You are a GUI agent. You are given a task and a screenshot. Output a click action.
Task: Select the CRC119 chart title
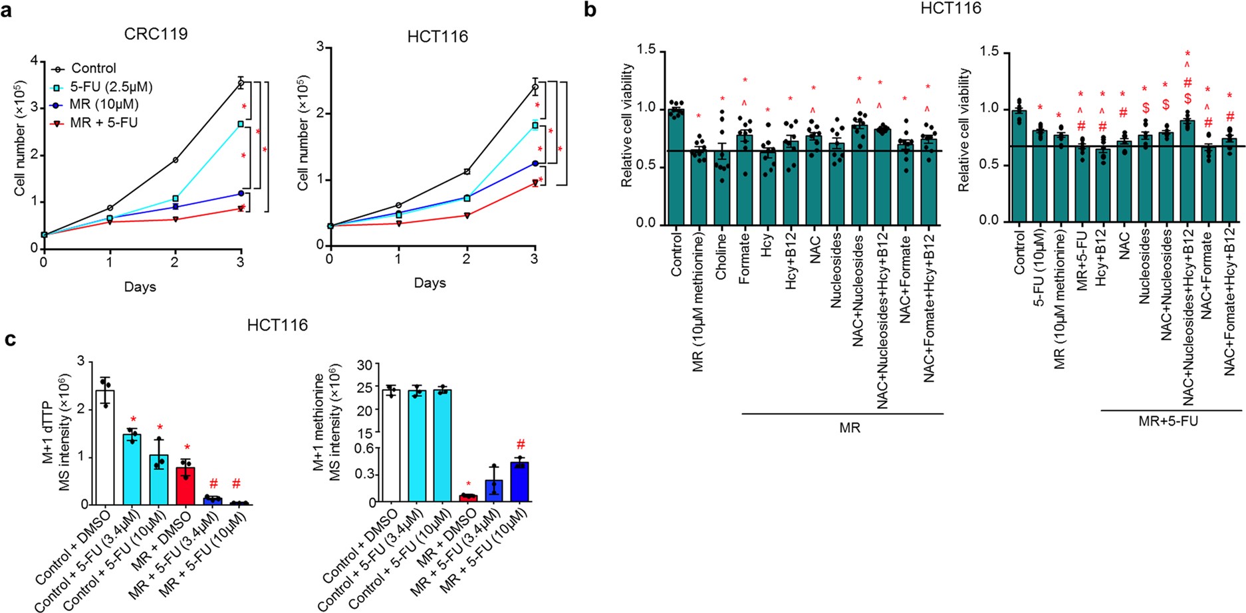[x=156, y=33]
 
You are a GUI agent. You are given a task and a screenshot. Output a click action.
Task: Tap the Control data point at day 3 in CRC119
[x=240, y=82]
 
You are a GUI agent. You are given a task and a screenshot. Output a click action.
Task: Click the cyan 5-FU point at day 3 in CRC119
[x=240, y=124]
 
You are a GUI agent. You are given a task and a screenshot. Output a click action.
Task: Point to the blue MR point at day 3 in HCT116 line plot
[x=535, y=163]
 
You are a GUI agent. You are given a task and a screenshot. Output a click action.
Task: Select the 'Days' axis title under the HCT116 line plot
[x=430, y=283]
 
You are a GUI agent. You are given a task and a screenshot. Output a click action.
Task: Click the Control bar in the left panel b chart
[x=676, y=166]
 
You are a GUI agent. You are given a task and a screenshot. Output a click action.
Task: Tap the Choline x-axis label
[x=721, y=256]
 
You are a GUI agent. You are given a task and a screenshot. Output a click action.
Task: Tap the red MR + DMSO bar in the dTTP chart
[x=186, y=485]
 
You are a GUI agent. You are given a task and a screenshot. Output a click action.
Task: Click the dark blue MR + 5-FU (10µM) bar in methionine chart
[x=519, y=481]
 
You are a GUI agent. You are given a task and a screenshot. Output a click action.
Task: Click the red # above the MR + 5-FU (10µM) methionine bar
[x=521, y=444]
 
